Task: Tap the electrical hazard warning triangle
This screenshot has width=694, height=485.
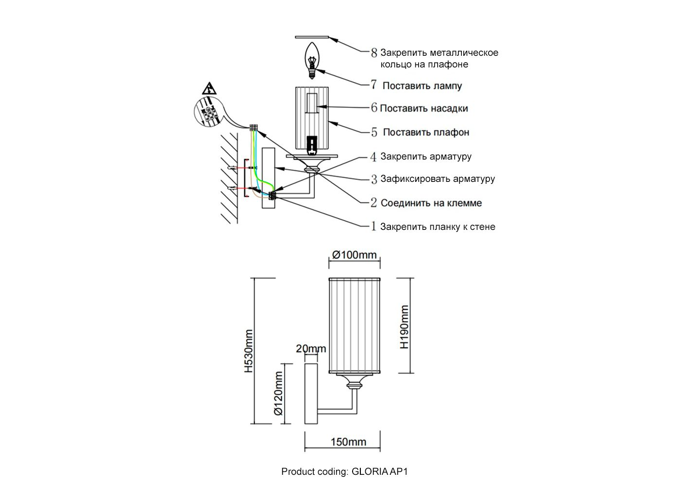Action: (209, 89)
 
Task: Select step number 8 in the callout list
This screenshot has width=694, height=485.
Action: (373, 52)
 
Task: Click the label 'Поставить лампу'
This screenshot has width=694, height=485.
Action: (422, 86)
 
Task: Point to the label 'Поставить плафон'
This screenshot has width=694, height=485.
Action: (426, 132)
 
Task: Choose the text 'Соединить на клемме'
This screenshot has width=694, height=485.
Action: (431, 203)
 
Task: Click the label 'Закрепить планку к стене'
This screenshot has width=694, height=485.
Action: (438, 226)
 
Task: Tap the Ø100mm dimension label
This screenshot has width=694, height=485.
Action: (354, 255)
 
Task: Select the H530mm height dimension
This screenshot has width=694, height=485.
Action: (248, 351)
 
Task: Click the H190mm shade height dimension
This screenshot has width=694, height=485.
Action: (404, 326)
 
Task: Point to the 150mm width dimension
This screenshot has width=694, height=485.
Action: (348, 442)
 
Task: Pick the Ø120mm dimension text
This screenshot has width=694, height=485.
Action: (278, 394)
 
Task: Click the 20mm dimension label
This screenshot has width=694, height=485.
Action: (311, 349)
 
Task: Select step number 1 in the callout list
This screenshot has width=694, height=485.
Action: (373, 226)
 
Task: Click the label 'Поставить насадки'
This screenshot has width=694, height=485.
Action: (423, 108)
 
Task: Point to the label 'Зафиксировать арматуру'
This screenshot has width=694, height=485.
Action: (438, 178)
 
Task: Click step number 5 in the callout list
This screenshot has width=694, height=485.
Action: (374, 132)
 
